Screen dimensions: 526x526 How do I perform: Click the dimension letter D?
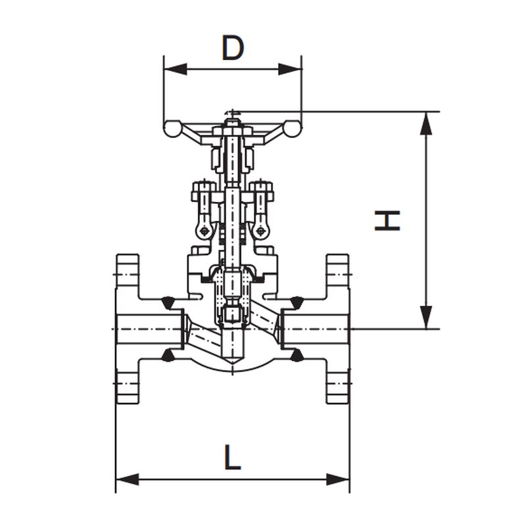pos(233,47)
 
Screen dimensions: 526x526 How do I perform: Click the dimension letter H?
pos(387,220)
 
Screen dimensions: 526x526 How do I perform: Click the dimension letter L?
pos(232,457)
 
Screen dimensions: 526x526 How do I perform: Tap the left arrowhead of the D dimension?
pos(176,70)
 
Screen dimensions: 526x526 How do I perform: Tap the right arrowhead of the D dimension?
pos(290,70)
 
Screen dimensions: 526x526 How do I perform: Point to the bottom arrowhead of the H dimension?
pos(426,317)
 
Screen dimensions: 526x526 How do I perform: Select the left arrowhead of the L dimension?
pos(127,479)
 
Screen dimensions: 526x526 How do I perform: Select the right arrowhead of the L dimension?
pos(338,479)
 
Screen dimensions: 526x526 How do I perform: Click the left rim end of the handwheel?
pos(172,129)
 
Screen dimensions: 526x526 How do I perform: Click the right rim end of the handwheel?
pos(293,129)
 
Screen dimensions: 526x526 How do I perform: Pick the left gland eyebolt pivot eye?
pos(203,231)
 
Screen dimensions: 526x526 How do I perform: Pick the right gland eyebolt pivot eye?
pos(260,231)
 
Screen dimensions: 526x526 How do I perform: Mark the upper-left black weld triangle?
pos(168,302)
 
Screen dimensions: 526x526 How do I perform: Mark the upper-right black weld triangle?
pos(297,302)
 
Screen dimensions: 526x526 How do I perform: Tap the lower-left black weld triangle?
pos(168,356)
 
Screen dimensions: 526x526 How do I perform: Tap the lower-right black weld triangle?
pos(297,356)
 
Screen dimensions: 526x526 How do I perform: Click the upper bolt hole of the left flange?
pos(128,275)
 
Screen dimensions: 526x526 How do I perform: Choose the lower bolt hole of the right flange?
pos(338,383)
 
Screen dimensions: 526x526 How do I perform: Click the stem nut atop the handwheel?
pos(232,123)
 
